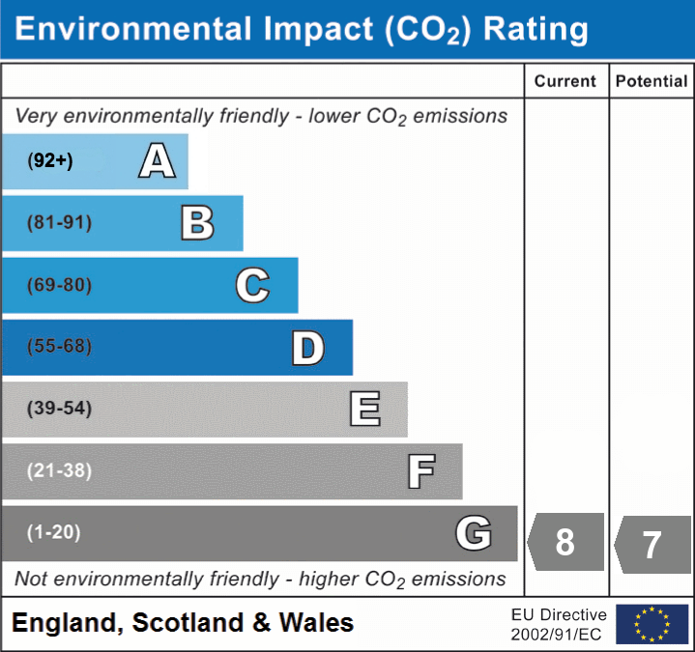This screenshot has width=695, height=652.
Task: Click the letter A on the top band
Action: click(157, 161)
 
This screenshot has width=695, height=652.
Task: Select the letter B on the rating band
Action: click(197, 223)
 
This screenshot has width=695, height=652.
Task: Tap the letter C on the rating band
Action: click(252, 285)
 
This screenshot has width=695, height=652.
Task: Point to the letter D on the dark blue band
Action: click(307, 348)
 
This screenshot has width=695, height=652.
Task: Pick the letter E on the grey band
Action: click(364, 410)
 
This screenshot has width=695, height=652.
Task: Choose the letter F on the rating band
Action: click(420, 471)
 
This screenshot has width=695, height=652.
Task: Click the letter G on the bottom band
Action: click(474, 533)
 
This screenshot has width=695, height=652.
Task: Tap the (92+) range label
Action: click(50, 161)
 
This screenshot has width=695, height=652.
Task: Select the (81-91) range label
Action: click(59, 223)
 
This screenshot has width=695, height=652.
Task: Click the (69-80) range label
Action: click(59, 285)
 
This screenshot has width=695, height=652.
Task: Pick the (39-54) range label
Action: click(59, 409)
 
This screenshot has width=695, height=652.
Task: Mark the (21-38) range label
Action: click(59, 470)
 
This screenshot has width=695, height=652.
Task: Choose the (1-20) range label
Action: click(54, 532)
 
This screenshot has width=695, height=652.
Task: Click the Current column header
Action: click(565, 82)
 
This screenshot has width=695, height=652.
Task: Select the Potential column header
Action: click(652, 82)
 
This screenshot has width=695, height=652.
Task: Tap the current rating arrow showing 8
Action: click(565, 541)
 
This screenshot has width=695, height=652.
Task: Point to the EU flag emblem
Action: click(652, 624)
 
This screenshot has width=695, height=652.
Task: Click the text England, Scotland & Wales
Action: click(183, 623)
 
